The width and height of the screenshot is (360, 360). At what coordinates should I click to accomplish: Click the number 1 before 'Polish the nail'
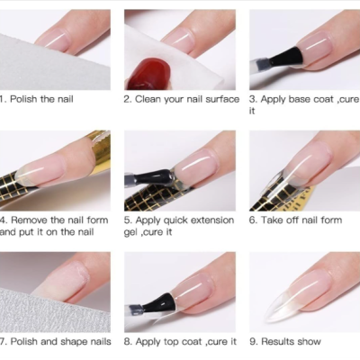pos(3,99)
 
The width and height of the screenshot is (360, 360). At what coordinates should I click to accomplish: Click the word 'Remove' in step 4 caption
pos(31,220)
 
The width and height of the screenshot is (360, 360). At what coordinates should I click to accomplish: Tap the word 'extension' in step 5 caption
pos(211,220)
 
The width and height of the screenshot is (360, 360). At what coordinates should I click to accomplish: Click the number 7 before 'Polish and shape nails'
pos(3,341)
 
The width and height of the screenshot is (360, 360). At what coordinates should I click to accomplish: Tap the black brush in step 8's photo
pos(153,306)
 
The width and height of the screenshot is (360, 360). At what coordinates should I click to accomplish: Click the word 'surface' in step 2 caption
pos(220,99)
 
